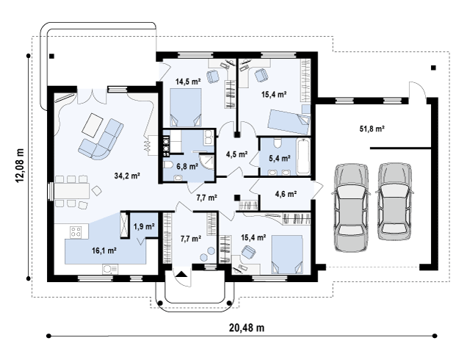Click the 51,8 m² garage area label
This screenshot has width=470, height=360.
coord(372,129)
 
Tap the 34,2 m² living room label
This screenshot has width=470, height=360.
coord(127,176)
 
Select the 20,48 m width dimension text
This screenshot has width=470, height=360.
coord(247,328)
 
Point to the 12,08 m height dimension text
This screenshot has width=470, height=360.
coord(20,165)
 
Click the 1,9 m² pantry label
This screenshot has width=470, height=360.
coord(144,226)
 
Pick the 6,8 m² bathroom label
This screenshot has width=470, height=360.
coord(187,166)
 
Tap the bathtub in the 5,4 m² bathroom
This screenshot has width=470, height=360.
coord(303,156)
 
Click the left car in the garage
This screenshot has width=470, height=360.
coord(351,207)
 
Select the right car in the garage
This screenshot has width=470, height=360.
coord(394,201)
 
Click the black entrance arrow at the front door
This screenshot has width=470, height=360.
coord(181,274)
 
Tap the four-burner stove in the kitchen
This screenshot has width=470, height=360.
coord(76,231)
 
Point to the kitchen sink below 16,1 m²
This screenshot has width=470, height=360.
coord(110,269)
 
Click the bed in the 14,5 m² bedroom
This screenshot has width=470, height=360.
coord(186,107)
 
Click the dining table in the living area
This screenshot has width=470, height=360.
coord(71,191)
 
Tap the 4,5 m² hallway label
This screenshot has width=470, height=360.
coord(236,154)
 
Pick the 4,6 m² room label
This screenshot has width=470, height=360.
coord(286,194)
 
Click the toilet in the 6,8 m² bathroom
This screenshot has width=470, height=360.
coord(168,165)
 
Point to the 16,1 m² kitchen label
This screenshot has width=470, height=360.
coord(104,251)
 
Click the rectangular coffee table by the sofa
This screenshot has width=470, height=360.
coord(93,125)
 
